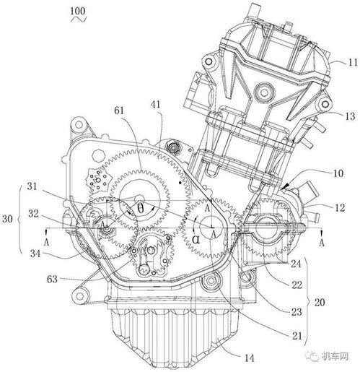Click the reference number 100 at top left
coord(78,12)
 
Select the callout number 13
coord(350,117)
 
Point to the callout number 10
coord(338,173)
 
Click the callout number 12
coord(340,208)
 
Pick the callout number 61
coord(119,111)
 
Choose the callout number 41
coord(156,105)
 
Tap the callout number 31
coord(32,186)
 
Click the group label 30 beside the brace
coord(7,219)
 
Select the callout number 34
coord(35,254)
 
